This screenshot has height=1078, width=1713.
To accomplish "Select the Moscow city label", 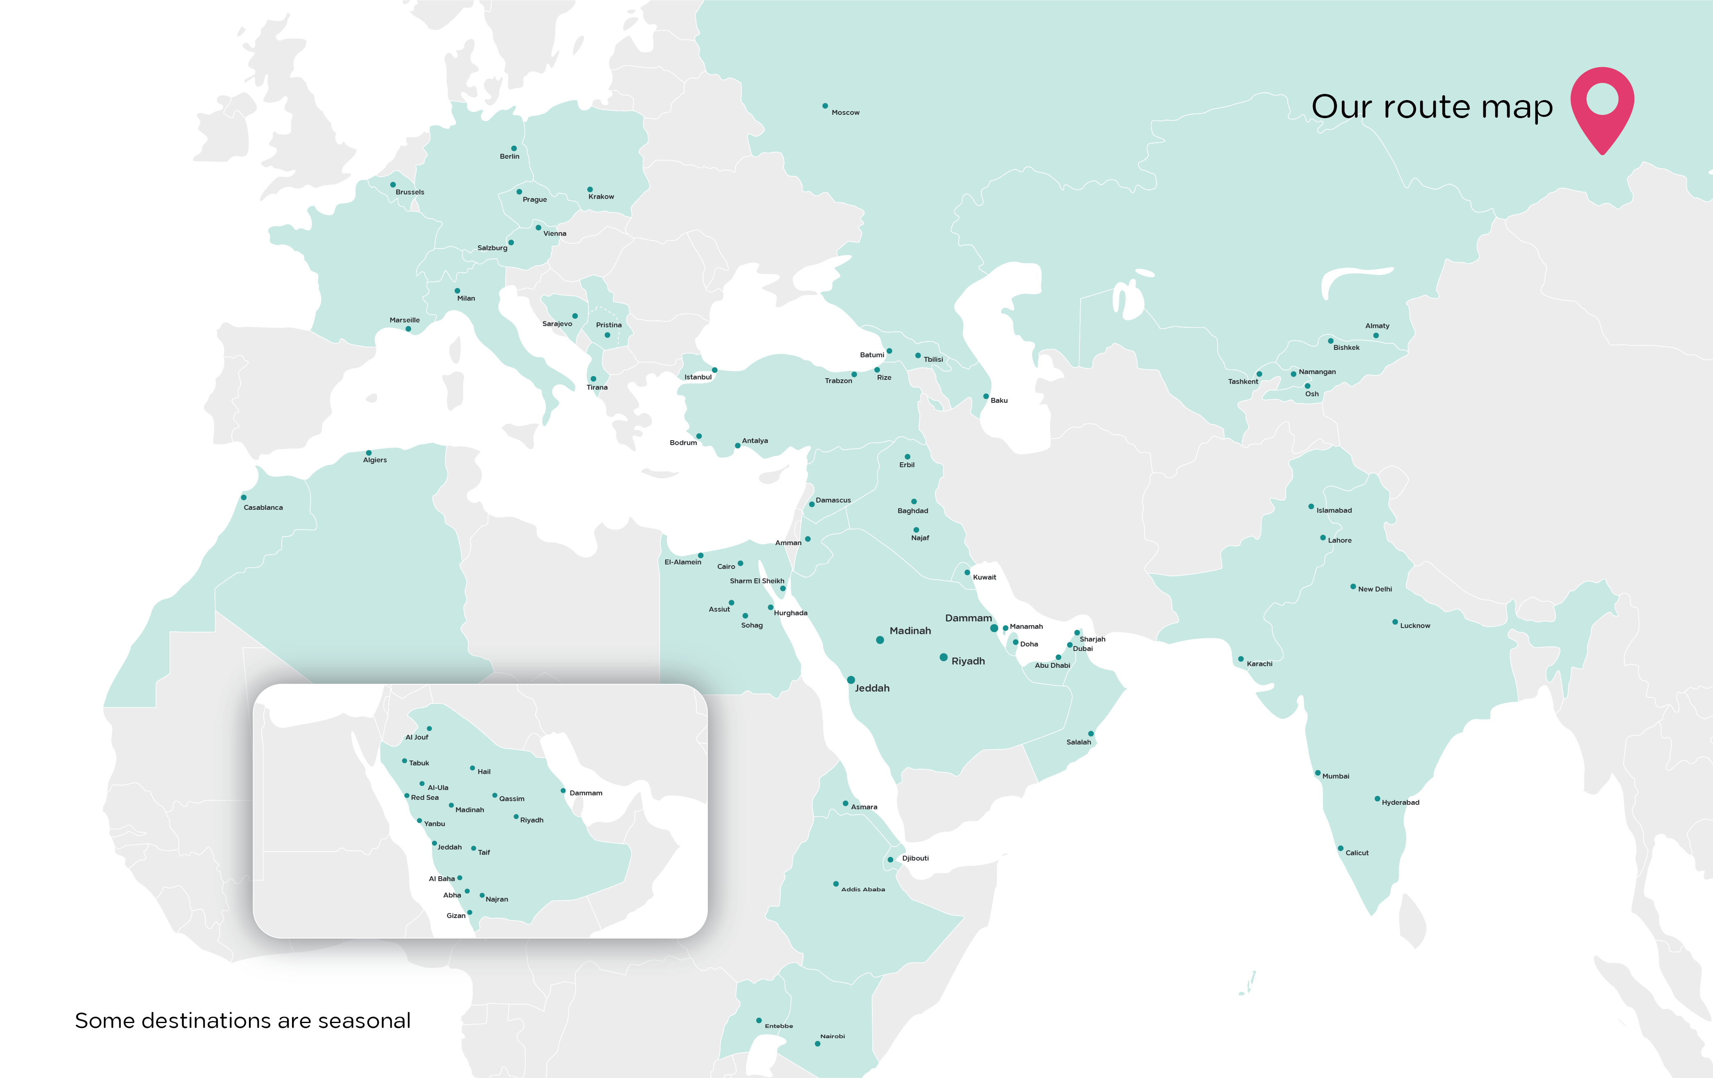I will coord(845,112).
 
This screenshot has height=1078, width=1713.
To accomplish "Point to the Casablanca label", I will coord(263,507).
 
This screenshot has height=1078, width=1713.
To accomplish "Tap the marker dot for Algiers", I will coord(369,452).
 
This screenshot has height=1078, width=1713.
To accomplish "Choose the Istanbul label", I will coord(698,377).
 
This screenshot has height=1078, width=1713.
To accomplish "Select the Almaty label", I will coord(1377,326).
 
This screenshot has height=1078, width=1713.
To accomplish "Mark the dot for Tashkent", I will coord(1259,374).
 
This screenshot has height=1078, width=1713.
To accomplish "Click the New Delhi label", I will coord(1374,589).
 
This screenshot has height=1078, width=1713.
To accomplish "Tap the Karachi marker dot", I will coord(1241,659).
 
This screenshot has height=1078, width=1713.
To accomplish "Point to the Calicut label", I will coord(1357,852).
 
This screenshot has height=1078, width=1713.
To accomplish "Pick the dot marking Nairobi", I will coord(817,1044).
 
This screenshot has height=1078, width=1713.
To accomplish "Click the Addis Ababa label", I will coord(863,889).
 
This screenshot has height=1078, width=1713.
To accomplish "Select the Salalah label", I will coord(1079,742).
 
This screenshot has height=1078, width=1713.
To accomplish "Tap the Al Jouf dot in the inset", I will coord(429,729).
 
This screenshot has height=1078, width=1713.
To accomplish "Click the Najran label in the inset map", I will coord(497,900).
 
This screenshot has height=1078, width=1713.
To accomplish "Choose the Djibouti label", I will coord(915,858).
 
